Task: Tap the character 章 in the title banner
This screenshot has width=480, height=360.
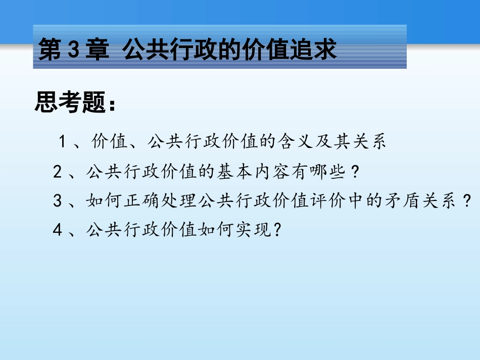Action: (x=98, y=52)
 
